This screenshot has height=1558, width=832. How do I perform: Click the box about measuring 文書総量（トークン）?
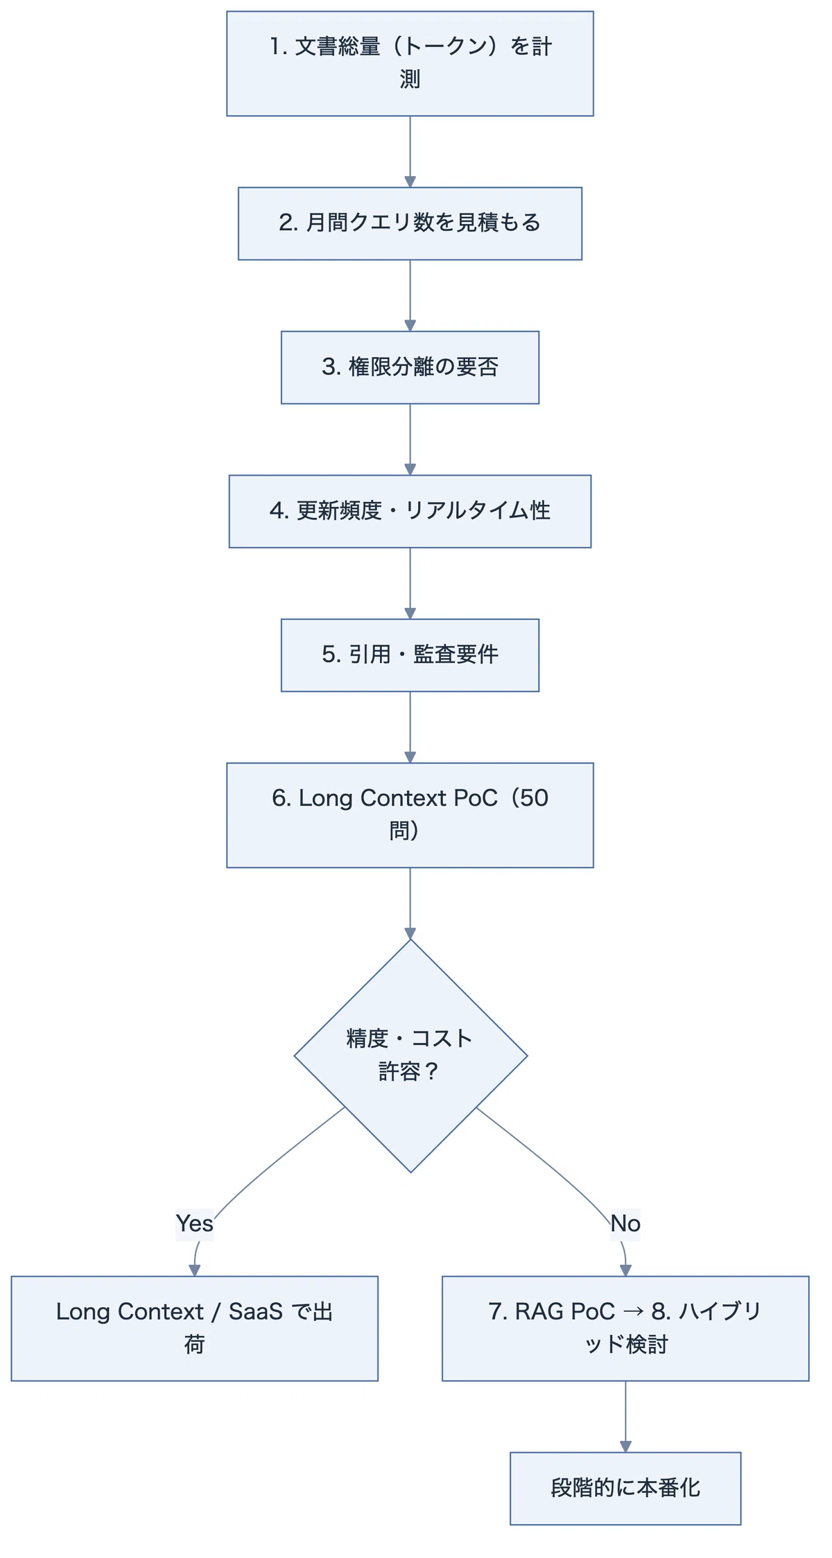click(x=410, y=64)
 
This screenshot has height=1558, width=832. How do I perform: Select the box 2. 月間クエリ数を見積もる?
click(x=410, y=223)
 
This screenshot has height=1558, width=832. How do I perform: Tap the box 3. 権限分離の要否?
click(x=410, y=367)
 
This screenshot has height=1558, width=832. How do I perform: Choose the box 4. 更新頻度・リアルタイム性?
click(x=410, y=511)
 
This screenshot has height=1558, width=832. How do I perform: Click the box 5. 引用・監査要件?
click(x=410, y=655)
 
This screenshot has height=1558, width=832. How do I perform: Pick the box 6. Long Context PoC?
click(x=410, y=815)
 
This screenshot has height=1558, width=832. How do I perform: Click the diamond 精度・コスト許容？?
click(x=410, y=1056)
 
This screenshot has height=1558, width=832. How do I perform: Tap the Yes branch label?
click(x=194, y=1223)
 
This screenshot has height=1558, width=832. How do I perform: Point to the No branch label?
click(x=625, y=1223)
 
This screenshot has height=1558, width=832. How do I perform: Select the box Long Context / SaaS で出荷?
click(x=194, y=1328)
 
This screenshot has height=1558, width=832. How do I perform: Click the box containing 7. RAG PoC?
click(x=625, y=1328)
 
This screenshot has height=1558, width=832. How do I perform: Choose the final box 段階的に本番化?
click(x=625, y=1488)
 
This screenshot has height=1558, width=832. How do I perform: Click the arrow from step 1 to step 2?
click(x=410, y=151)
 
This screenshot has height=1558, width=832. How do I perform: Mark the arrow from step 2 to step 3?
click(x=410, y=295)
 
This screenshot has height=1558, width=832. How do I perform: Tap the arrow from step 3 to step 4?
click(x=410, y=440)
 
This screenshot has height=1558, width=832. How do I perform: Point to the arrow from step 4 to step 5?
click(x=410, y=583)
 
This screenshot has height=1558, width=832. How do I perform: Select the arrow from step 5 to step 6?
click(x=410, y=727)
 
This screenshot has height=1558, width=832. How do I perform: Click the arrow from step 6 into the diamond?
click(x=410, y=903)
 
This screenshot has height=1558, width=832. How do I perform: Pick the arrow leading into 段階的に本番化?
click(x=625, y=1417)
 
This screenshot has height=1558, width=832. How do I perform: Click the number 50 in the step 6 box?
click(x=534, y=798)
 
